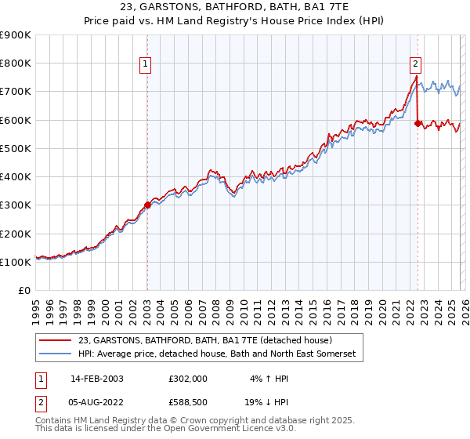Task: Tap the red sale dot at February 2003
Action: click(x=147, y=205)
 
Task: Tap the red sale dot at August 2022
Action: click(x=418, y=123)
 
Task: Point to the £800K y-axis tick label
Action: click(x=16, y=63)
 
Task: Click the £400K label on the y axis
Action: click(x=16, y=177)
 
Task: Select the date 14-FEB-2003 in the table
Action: click(x=96, y=378)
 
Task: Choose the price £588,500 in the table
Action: click(x=187, y=405)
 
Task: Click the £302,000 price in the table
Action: click(x=187, y=378)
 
